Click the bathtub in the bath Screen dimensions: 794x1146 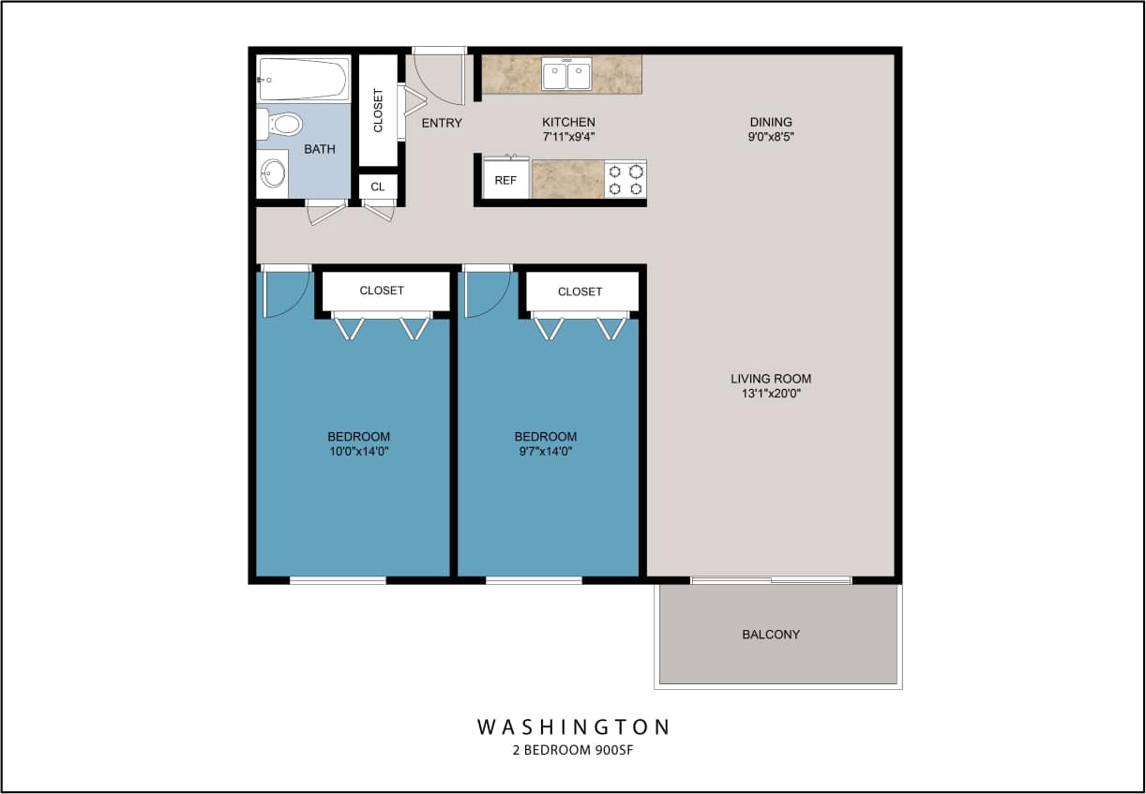point(303,80)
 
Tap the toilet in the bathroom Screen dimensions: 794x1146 point(281,124)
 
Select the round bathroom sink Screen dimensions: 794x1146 point(273,173)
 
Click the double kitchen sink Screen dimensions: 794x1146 point(566,74)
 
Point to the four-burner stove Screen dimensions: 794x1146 point(626,179)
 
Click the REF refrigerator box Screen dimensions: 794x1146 point(505,180)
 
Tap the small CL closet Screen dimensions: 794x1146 point(378,187)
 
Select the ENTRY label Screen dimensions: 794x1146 point(442,123)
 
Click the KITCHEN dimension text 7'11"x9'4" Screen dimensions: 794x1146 point(568,136)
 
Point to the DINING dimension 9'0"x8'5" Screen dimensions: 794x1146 point(771,136)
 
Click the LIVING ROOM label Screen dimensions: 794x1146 point(771,379)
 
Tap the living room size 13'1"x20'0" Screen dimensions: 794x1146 point(771,394)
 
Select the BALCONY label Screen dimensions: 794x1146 point(771,635)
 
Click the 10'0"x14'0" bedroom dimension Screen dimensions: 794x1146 point(358,451)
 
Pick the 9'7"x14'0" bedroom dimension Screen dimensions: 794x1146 point(545,451)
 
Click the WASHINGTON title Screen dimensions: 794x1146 point(574,727)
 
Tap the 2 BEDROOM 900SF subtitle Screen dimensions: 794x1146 point(574,751)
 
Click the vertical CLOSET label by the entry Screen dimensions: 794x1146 point(379,110)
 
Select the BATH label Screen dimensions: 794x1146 point(319,149)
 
